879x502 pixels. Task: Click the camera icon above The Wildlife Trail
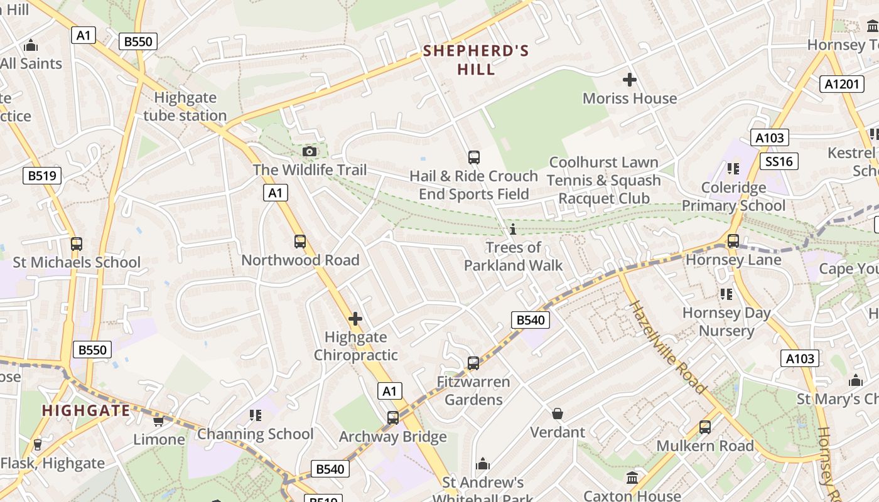pos(309,151)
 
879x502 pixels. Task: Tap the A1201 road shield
pos(841,84)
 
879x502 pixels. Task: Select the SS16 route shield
pos(779,161)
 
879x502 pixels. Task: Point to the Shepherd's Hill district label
pos(476,60)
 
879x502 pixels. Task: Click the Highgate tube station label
pos(185,107)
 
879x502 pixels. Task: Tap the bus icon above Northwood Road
pos(300,242)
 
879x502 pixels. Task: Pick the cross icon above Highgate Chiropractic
pos(355,319)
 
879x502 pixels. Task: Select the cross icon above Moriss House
pos(629,80)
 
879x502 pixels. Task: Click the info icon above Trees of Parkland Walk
pos(513,229)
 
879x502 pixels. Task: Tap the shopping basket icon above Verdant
pos(557,414)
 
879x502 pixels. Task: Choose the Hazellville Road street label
pos(668,347)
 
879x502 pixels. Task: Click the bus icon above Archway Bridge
pos(392,417)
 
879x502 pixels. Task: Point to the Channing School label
pos(256,434)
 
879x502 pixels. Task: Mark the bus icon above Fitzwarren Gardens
pos(473,363)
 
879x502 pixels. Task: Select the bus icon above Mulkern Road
pos(705,427)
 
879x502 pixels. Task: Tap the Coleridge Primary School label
pos(733,196)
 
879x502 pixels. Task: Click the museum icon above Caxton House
pos(632,478)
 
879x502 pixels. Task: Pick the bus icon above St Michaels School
pos(77,243)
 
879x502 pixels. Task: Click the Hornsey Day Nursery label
pos(726,322)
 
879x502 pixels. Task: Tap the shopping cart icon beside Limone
pos(158,421)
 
